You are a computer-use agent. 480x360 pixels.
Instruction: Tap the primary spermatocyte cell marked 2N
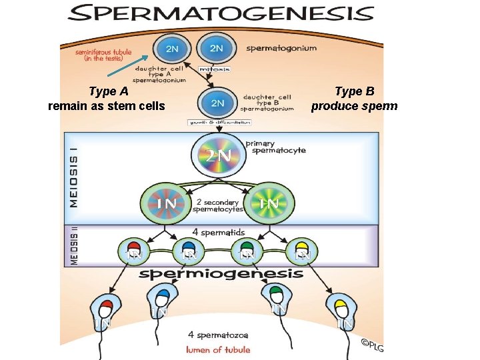[219, 156]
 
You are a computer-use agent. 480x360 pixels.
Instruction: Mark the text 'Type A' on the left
[109, 92]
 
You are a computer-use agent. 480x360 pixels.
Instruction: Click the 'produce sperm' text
[354, 106]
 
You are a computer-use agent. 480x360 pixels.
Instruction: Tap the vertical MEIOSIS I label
[73, 176]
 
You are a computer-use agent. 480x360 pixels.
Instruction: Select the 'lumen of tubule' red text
[218, 349]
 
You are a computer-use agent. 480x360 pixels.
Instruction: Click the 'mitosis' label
[216, 68]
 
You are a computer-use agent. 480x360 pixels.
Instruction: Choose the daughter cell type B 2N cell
[217, 103]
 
